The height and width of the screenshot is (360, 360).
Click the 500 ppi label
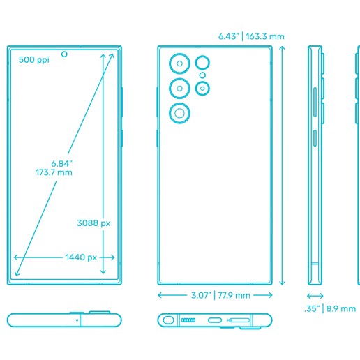point(33,60)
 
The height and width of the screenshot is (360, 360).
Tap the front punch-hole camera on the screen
point(64,53)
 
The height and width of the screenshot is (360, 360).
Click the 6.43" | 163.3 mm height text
point(251,36)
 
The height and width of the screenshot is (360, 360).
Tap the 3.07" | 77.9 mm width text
point(220,295)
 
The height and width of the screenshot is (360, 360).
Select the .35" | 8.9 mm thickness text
point(331,308)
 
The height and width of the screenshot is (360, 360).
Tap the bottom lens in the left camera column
point(180,113)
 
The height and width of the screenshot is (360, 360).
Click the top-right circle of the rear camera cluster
point(202,62)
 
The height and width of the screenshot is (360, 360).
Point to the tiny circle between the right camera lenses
point(202,75)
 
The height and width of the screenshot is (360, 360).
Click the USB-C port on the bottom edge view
point(215,320)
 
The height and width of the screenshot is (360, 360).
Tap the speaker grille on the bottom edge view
point(188,320)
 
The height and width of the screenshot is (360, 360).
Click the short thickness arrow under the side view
point(315,295)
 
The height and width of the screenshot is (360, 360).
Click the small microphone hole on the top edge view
point(76,320)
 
